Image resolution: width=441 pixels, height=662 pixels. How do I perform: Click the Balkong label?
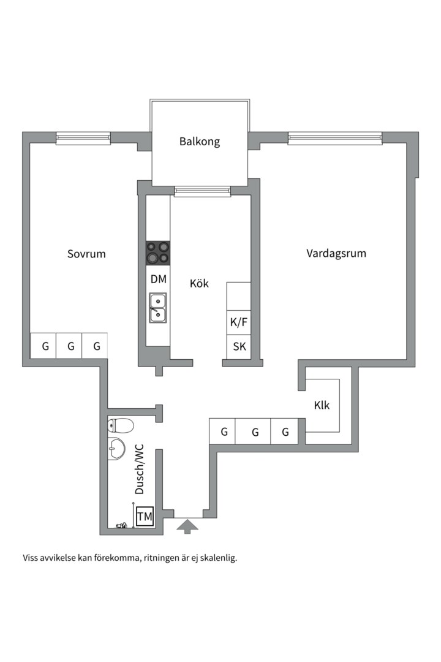(x=199, y=142)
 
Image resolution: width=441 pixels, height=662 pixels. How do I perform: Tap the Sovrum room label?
(x=86, y=253)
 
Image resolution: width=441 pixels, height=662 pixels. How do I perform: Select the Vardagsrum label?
(x=336, y=253)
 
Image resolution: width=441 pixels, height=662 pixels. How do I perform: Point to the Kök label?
(x=199, y=283)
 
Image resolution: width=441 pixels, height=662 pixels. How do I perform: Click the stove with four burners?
(x=158, y=253)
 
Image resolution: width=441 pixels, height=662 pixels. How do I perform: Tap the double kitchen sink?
(x=158, y=308)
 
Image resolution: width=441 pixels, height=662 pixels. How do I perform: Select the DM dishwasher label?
(x=158, y=280)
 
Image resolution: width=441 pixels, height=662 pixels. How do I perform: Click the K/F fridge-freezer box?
(x=239, y=322)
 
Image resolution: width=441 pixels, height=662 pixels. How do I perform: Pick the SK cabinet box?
(x=239, y=346)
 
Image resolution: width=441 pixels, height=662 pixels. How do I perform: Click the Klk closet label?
(x=322, y=405)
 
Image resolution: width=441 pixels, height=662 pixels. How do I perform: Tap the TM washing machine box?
(x=145, y=517)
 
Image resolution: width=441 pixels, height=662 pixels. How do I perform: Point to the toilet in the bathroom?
(x=120, y=425)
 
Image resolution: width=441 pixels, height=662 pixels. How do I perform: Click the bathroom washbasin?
(x=115, y=449)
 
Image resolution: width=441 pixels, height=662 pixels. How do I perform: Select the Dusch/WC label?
(x=140, y=469)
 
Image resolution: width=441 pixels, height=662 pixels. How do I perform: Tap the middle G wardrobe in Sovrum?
(x=71, y=346)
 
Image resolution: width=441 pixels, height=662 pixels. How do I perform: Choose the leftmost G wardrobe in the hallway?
(x=224, y=432)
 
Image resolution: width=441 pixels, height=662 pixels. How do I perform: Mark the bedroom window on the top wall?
(x=83, y=139)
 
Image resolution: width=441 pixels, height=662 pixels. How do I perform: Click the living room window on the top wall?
(x=334, y=139)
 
